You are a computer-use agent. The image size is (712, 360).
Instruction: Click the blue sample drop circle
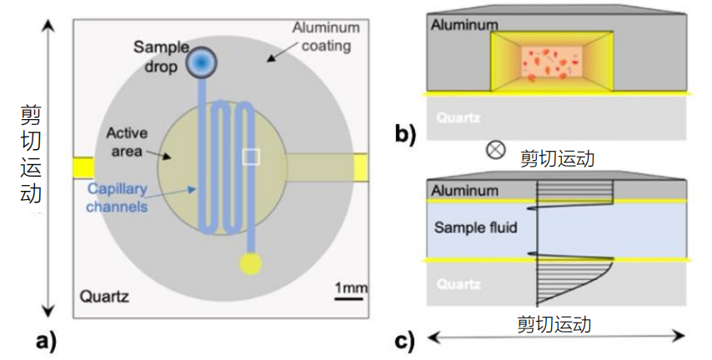tap(202, 62)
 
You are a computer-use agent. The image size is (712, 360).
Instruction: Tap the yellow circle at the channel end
tap(251, 263)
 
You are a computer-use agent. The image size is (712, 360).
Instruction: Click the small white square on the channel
tap(251, 157)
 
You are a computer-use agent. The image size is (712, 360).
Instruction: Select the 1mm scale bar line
tap(348, 298)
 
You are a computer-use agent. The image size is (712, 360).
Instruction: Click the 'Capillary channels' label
tap(118, 197)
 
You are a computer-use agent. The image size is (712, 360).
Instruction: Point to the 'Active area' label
tap(127, 142)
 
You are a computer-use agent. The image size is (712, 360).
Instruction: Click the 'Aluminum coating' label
tap(326, 37)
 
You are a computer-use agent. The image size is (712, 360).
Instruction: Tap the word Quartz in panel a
tap(104, 297)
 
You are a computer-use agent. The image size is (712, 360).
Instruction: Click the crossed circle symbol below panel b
tap(495, 150)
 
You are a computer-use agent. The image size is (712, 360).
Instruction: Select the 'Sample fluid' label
tap(475, 227)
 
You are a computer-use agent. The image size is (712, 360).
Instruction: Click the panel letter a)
tap(47, 342)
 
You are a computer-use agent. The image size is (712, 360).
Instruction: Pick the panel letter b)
tap(405, 134)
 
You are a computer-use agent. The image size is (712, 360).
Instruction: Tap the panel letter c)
tap(404, 342)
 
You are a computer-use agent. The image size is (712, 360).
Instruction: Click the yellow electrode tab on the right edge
tap(360, 167)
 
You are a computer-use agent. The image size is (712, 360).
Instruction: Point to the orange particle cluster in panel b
tap(552, 64)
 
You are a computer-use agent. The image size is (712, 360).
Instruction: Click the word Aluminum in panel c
tap(464, 191)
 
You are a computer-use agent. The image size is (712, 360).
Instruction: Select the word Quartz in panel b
tap(459, 118)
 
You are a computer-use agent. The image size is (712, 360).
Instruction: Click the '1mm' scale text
tap(351, 287)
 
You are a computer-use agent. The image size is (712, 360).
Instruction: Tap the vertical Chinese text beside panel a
tap(31, 154)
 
